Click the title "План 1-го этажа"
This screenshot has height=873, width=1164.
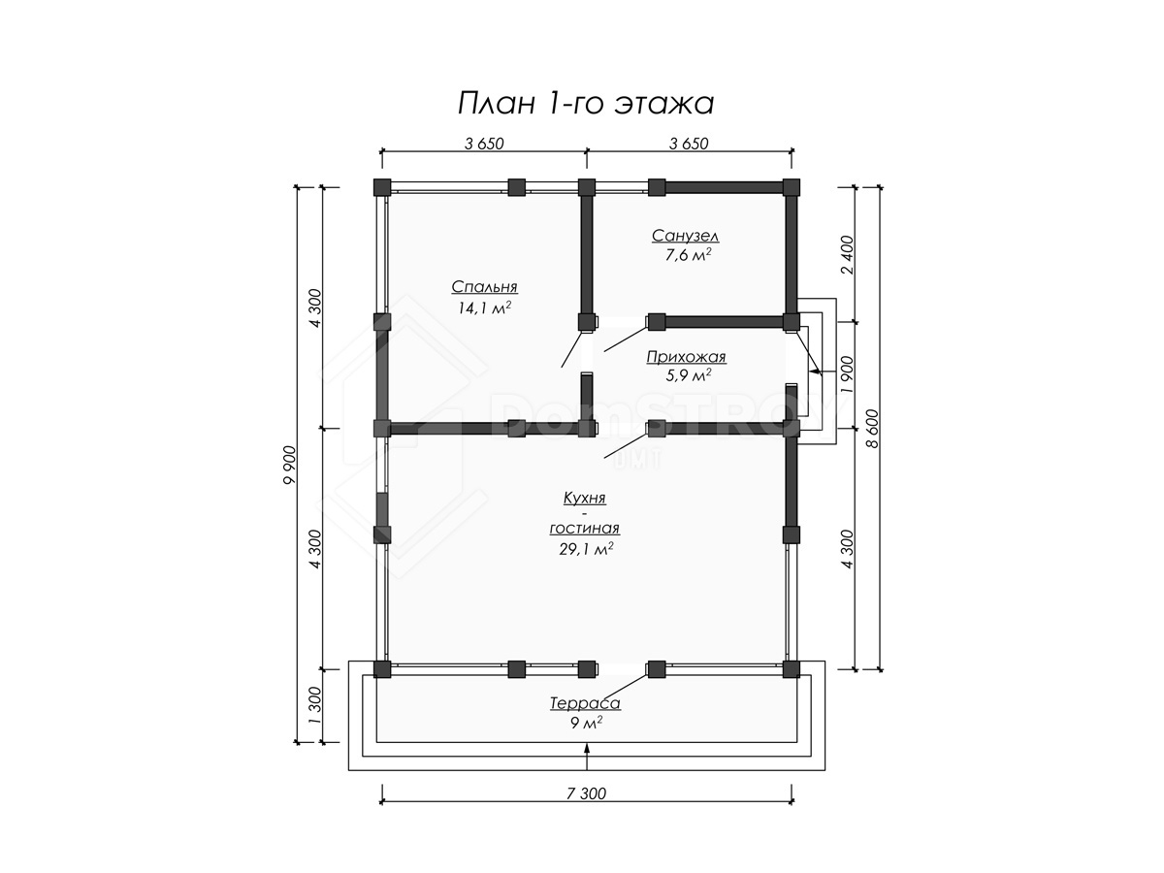pyautogui.click(x=586, y=104)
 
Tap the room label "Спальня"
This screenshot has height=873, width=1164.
pyautogui.click(x=484, y=287)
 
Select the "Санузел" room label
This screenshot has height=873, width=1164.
pyautogui.click(x=685, y=236)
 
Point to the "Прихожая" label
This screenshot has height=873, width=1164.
pyautogui.click(x=686, y=357)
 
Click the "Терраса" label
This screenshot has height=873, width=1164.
pyautogui.click(x=585, y=703)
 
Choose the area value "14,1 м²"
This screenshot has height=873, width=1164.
pyautogui.click(x=484, y=307)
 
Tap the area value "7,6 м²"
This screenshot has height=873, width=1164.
pyautogui.click(x=688, y=255)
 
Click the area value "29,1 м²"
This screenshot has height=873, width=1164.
pyautogui.click(x=586, y=549)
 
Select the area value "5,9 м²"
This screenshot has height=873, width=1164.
pyautogui.click(x=688, y=375)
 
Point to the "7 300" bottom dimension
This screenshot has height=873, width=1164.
pyautogui.click(x=586, y=793)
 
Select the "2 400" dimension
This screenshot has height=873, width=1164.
pyautogui.click(x=848, y=254)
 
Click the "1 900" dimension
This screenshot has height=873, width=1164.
pyautogui.click(x=848, y=374)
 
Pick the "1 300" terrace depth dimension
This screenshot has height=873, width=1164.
pyautogui.click(x=315, y=706)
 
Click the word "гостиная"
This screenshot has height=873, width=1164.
pyautogui.click(x=584, y=529)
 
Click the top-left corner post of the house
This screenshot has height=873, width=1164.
pyautogui.click(x=382, y=187)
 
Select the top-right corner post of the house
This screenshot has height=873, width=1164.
pyautogui.click(x=791, y=187)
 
